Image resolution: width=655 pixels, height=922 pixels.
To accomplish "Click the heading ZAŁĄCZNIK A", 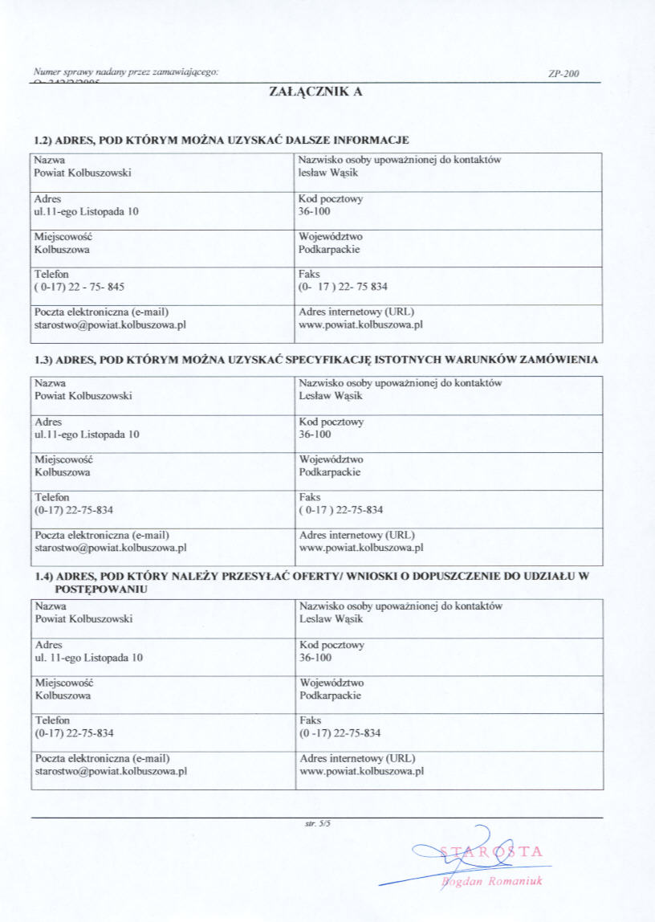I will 315,92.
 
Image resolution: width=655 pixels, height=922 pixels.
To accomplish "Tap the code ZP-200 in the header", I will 563,74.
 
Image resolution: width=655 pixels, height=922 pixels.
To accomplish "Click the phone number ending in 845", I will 79,286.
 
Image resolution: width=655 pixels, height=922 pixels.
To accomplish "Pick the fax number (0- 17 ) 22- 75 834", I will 343,286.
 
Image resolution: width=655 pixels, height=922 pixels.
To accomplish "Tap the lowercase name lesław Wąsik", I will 327,172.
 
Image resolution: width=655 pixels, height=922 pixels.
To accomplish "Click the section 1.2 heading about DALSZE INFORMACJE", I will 222,141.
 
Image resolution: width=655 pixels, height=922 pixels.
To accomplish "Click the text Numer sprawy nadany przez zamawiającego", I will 127,73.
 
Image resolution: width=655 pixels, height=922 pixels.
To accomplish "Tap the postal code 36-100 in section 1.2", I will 314,211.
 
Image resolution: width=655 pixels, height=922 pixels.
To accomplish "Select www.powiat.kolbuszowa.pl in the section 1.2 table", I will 360,325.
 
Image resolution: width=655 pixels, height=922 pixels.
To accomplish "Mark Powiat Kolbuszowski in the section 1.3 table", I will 83,395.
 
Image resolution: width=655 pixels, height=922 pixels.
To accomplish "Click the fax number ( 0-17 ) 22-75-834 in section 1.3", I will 340,509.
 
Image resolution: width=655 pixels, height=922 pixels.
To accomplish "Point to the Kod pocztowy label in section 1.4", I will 332,645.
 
